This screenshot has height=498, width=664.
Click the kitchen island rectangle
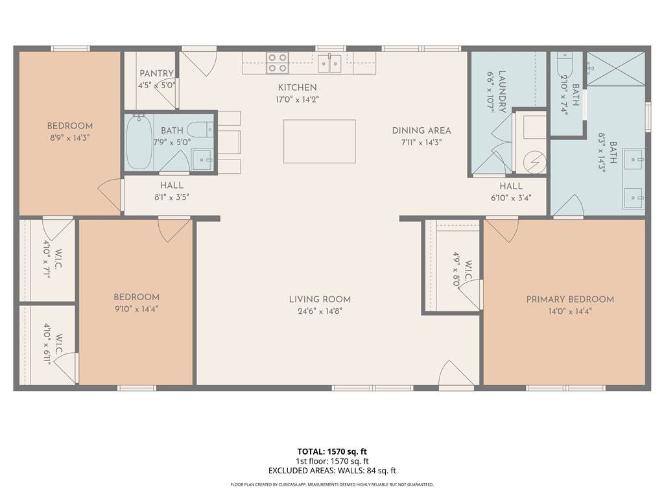click(x=319, y=141)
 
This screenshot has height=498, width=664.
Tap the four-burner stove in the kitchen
click(x=278, y=63)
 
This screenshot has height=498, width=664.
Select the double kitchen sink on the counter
click(x=330, y=64)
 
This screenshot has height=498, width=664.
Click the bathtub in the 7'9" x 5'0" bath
click(x=139, y=142)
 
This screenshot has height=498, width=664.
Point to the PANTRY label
click(x=157, y=74)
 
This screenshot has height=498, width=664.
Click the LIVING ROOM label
click(x=320, y=300)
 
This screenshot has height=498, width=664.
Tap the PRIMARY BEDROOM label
click(x=570, y=300)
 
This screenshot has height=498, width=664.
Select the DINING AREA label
click(x=421, y=130)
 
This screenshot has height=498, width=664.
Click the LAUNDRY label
click(x=503, y=91)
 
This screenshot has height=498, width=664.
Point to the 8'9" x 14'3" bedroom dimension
click(x=70, y=137)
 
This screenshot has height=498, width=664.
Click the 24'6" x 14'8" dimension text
click(x=320, y=311)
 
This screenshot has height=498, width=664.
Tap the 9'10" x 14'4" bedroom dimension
click(x=136, y=309)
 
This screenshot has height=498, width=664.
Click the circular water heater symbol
click(x=534, y=162)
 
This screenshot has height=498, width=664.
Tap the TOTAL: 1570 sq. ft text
click(x=332, y=451)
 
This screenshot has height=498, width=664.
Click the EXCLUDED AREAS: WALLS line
click(x=332, y=471)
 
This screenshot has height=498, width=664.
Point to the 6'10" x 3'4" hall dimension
click(x=511, y=198)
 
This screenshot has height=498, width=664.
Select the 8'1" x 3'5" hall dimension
click(x=171, y=197)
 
